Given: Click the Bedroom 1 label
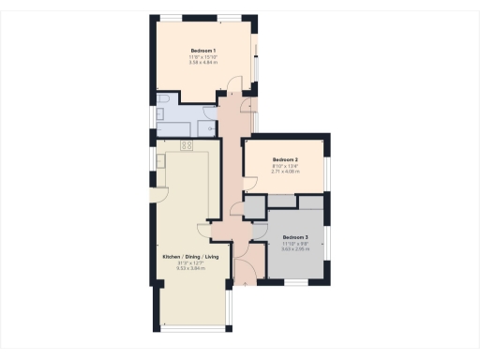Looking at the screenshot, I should (x=203, y=51).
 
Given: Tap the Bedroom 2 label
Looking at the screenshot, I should (x=285, y=160).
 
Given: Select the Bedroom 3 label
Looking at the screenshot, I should (x=295, y=237).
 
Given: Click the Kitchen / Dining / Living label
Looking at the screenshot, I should (x=190, y=257).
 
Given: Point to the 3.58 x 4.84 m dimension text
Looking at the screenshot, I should (x=203, y=63).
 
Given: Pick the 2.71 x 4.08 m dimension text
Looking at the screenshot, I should (x=285, y=172).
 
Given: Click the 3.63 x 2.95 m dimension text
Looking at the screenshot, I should (x=295, y=249).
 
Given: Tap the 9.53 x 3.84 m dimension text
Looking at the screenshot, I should (x=190, y=269).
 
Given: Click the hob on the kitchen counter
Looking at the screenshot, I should (x=186, y=146).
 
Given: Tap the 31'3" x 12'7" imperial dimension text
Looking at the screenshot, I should (x=190, y=263).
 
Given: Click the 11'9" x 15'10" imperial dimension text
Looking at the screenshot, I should (x=203, y=57).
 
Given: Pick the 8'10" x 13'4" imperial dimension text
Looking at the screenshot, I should (x=285, y=167).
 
